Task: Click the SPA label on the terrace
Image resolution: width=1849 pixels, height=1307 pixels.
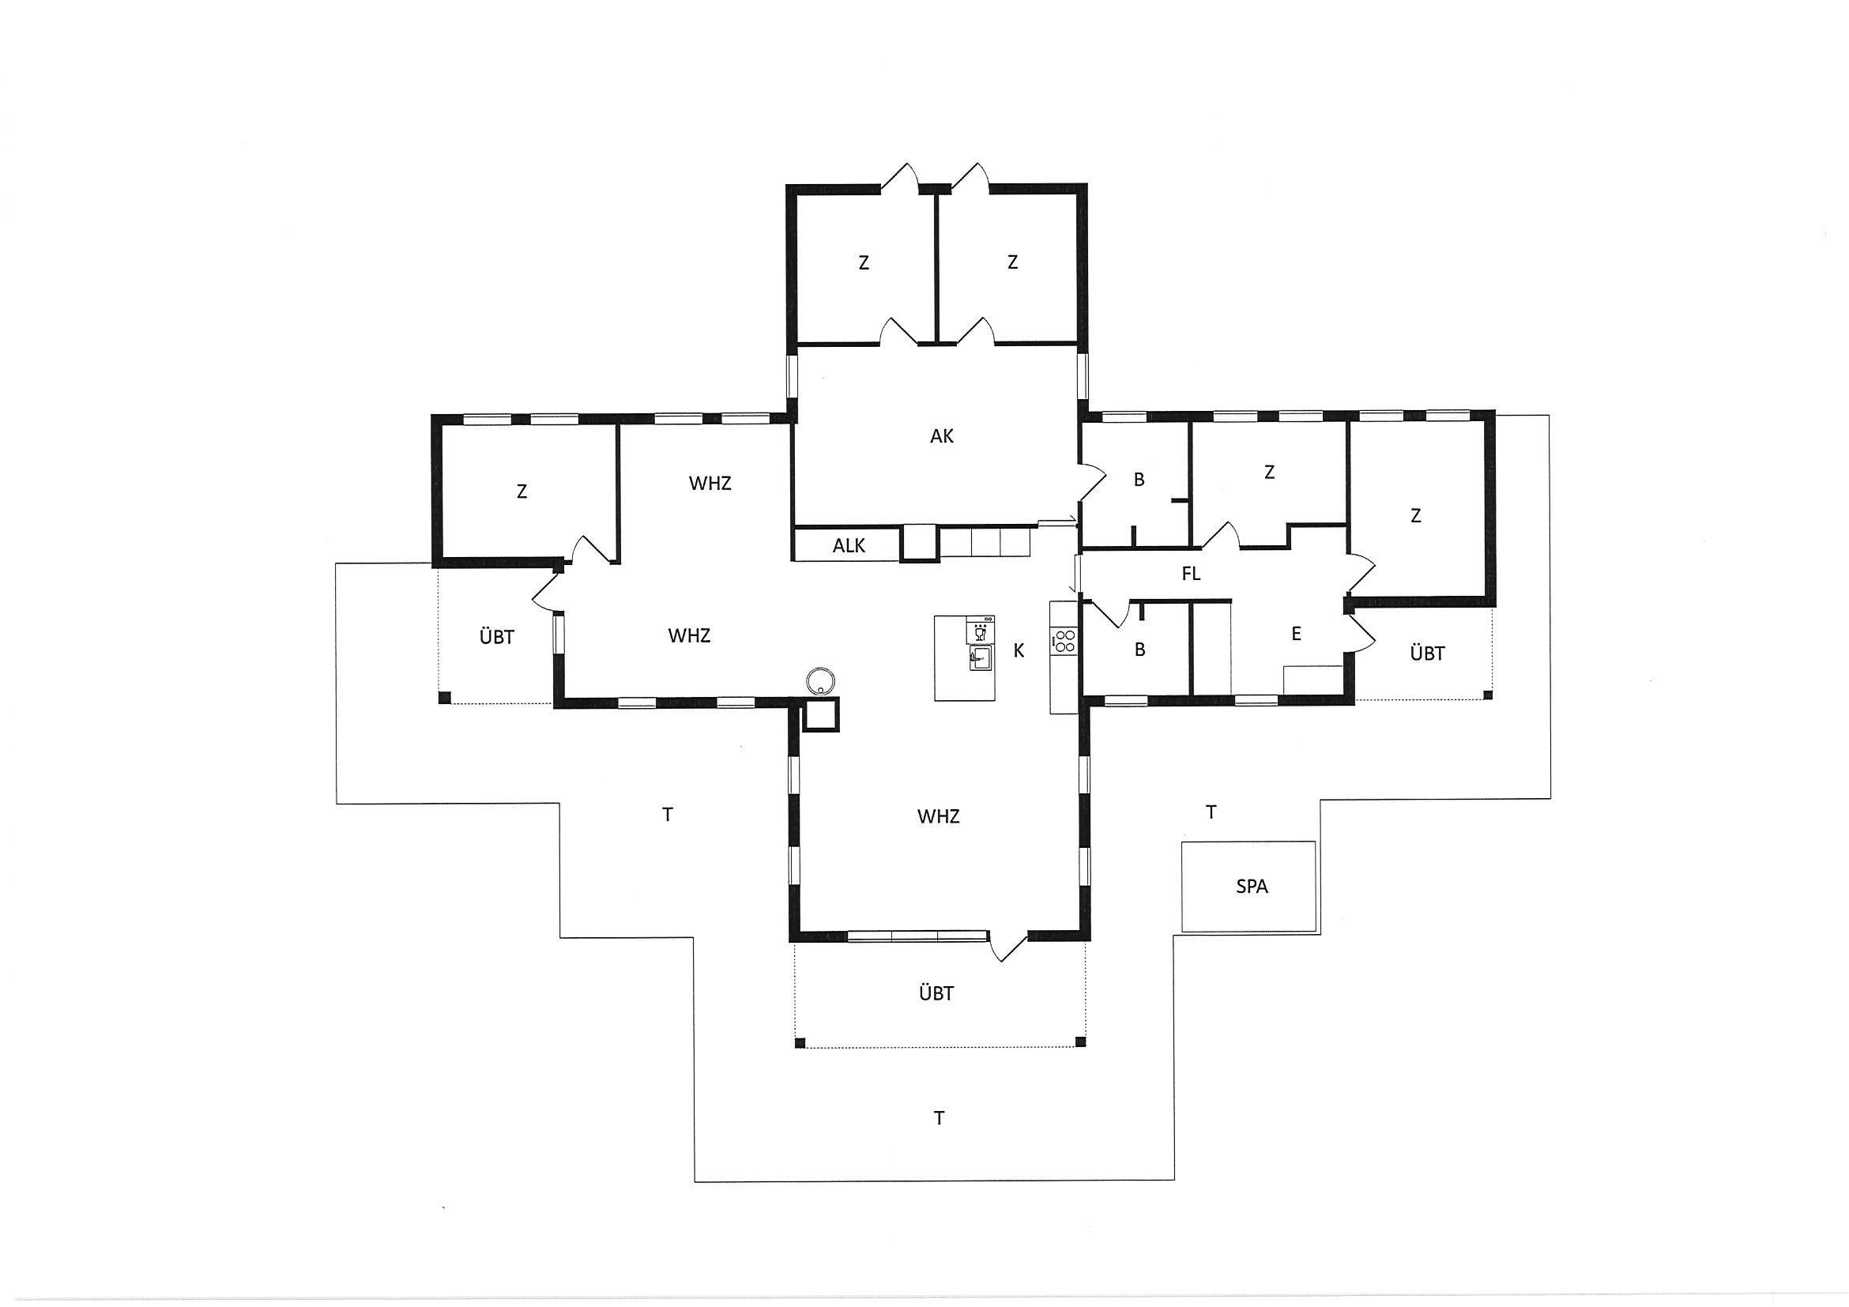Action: coord(1252,887)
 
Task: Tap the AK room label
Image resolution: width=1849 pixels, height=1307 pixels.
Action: coord(941,436)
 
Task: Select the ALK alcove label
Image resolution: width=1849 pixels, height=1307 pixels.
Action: coord(849,546)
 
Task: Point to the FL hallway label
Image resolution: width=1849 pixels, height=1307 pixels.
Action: coord(1191,574)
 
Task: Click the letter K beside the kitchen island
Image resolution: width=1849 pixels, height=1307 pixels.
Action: coord(1019,650)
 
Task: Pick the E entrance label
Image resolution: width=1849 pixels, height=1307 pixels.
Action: coord(1297,635)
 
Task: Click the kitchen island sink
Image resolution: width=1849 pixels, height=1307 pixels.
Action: coord(980,659)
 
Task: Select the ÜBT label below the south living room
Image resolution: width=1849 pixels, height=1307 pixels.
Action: coord(936,994)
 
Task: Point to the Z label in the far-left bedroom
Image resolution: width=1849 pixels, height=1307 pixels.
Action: coord(522,492)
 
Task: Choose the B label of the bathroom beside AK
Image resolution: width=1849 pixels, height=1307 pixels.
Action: coord(1139,480)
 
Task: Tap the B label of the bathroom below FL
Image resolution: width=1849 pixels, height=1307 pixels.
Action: coord(1139,649)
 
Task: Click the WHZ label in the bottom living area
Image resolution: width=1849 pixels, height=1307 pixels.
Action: coord(938,816)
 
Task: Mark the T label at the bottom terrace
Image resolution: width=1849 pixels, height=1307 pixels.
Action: coord(939,1119)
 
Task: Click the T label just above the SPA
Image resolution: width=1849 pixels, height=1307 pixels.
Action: coord(1211,812)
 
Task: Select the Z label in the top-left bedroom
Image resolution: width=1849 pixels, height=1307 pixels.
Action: coord(864,262)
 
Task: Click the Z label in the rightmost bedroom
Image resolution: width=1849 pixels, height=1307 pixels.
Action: coord(1416,515)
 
